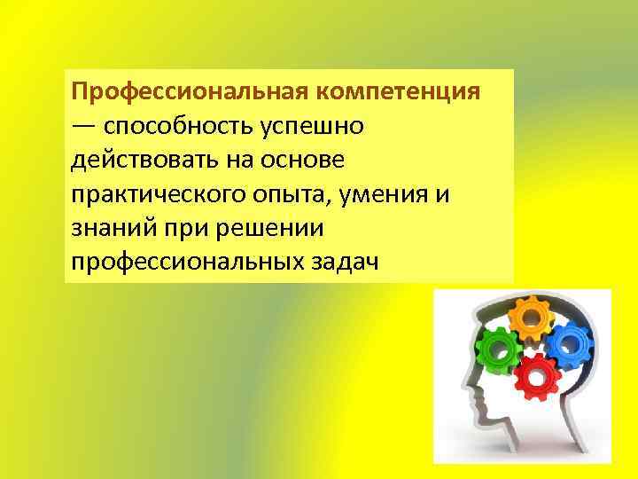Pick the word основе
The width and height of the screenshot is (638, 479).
click(x=305, y=161)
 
